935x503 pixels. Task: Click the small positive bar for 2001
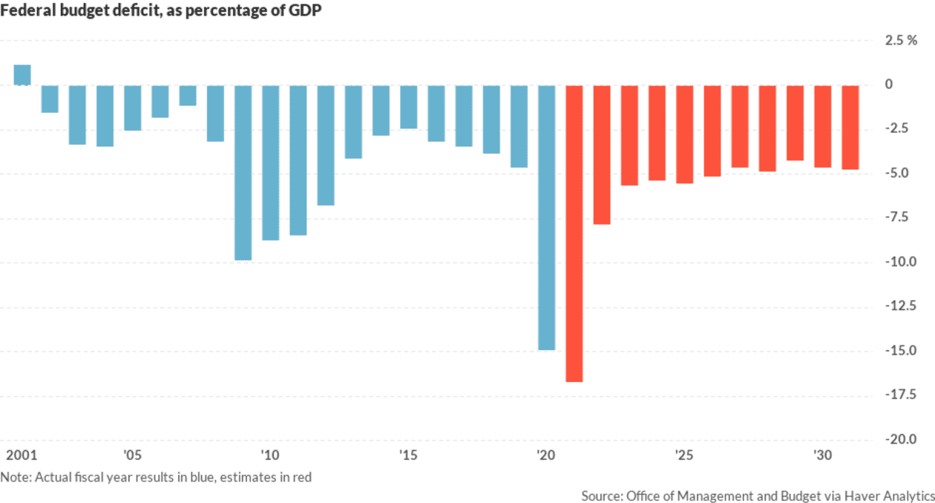(x=22, y=75)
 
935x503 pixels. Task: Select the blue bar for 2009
(x=243, y=172)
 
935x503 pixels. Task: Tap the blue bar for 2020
(x=546, y=217)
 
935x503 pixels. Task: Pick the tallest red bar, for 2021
(x=574, y=233)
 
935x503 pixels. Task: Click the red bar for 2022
(x=602, y=155)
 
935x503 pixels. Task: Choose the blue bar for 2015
(x=408, y=107)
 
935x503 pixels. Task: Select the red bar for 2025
(x=684, y=134)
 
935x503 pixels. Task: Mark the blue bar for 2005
(x=132, y=108)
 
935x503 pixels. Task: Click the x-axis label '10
(x=269, y=455)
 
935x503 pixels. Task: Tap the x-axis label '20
(x=545, y=455)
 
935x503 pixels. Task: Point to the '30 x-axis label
(x=821, y=455)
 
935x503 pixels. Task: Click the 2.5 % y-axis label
(x=901, y=40)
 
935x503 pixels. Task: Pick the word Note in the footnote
(x=14, y=477)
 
